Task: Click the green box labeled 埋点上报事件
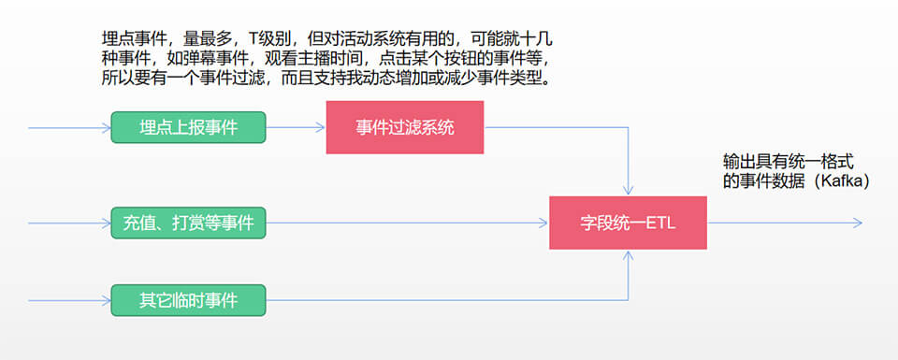pos(188,127)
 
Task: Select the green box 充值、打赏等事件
pos(188,223)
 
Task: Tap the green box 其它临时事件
pos(188,300)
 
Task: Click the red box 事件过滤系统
pos(404,127)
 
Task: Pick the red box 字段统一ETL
pos(627,223)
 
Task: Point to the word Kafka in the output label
pos(842,180)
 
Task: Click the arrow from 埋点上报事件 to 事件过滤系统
pos(296,127)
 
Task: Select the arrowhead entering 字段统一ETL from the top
pos(628,191)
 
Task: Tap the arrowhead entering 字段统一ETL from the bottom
pos(628,254)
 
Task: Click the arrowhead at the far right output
pos(856,223)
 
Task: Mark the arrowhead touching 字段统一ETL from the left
pos(543,223)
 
